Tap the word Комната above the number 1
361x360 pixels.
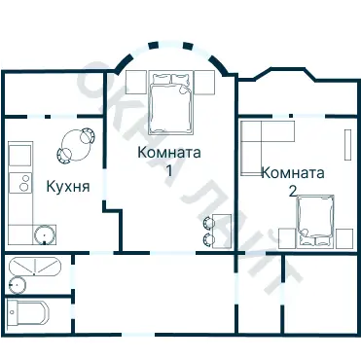click(169, 153)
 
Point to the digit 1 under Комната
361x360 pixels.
click(169, 170)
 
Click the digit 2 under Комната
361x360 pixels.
click(293, 190)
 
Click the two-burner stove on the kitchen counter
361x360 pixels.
click(18, 182)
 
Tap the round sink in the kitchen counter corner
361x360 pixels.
click(42, 234)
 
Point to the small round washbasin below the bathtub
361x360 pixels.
click(17, 284)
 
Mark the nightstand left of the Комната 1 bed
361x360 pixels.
click(135, 82)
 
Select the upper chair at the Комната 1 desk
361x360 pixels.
click(206, 222)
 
